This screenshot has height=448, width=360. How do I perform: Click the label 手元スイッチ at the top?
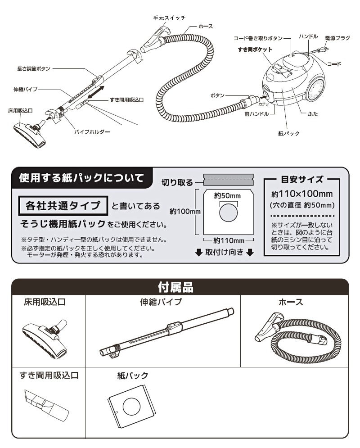[169, 18]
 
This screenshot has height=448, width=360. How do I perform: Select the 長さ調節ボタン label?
[33, 69]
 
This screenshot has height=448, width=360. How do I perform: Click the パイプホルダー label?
[92, 132]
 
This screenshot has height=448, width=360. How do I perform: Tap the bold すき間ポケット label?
[255, 49]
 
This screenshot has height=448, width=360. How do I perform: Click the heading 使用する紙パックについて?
[81, 178]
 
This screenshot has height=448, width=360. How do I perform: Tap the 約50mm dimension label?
[228, 196]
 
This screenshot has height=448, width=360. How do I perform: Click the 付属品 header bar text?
[180, 286]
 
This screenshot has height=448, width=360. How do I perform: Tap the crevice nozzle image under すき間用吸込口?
[46, 402]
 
